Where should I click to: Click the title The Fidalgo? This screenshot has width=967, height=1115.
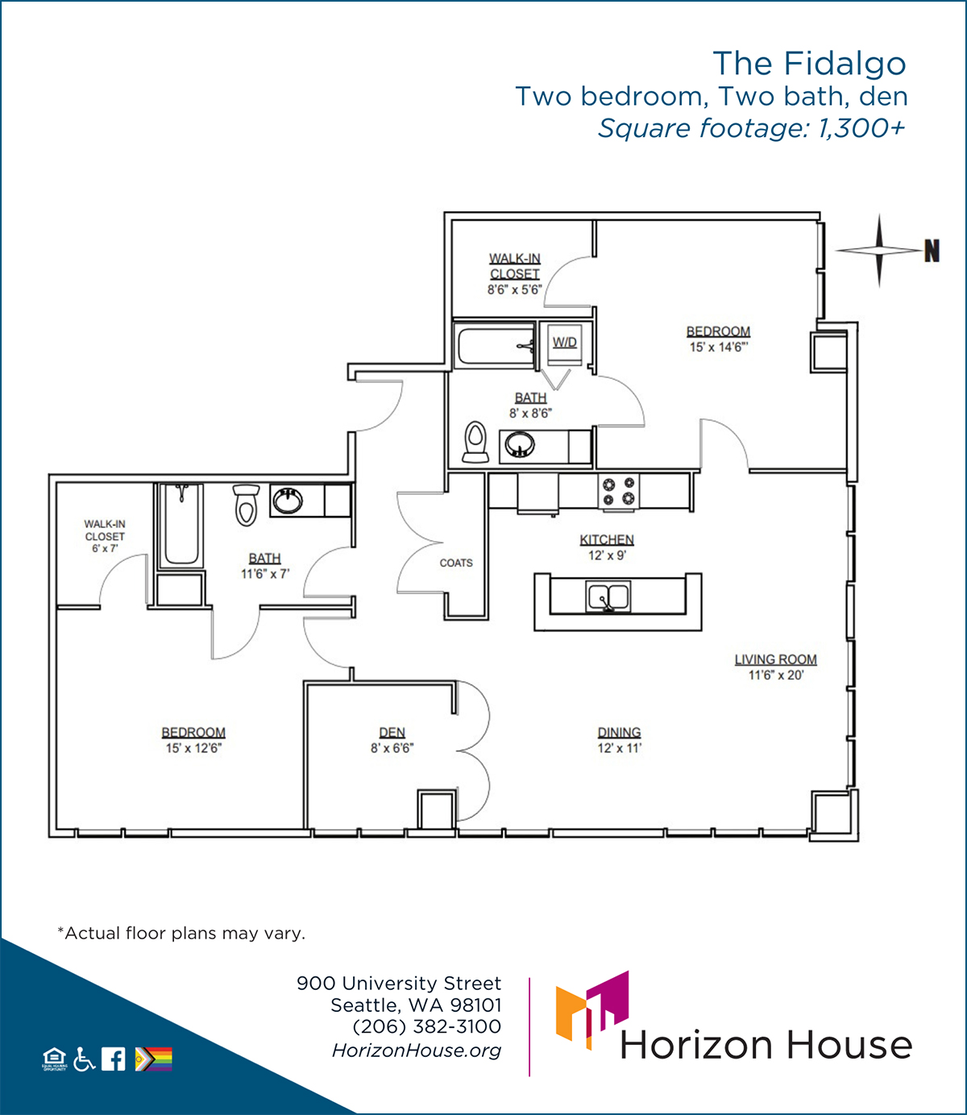pos(809,63)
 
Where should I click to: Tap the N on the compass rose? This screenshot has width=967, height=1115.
pos(932,251)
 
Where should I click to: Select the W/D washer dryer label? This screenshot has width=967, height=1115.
pos(565,342)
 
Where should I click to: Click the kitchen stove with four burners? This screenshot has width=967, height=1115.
pos(619,491)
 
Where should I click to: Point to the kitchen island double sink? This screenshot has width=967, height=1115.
pos(608,596)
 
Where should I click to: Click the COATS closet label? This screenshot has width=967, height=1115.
pos(456,563)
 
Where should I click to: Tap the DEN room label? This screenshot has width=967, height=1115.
pos(392,732)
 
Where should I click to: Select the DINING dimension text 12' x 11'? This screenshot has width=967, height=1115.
pos(620,748)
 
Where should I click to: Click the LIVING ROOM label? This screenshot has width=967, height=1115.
pos(776,659)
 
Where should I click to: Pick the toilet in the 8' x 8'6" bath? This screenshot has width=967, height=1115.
pos(475,442)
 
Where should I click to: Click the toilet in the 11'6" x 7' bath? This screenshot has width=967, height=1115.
pos(246,505)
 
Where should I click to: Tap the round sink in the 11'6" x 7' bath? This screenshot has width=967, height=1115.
pos(288,501)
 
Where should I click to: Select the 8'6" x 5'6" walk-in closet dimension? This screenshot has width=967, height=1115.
pos(515,290)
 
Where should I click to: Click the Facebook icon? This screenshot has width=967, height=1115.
pos(114,1059)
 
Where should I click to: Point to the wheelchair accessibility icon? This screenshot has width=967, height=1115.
pos(84,1059)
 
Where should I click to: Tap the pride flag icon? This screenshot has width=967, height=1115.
pos(154,1059)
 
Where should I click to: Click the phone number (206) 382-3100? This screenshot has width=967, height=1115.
pos(427,1026)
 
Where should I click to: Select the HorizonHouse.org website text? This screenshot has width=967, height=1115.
pos(417,1051)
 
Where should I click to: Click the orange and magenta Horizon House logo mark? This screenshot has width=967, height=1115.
pos(592,1010)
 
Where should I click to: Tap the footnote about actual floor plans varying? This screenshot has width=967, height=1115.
pos(181,933)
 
